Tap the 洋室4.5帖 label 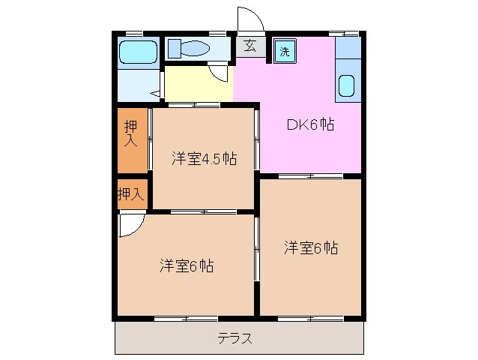tap(204, 158)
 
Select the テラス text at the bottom tap(235, 338)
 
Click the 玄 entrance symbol tap(250, 46)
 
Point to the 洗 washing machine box tap(285, 52)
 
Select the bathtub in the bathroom tap(138, 52)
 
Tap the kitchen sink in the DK tap(347, 85)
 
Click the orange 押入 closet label tap(131, 134)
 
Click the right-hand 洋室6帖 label tap(310, 247)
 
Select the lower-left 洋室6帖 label tap(186, 265)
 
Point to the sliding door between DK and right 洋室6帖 tap(310, 175)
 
